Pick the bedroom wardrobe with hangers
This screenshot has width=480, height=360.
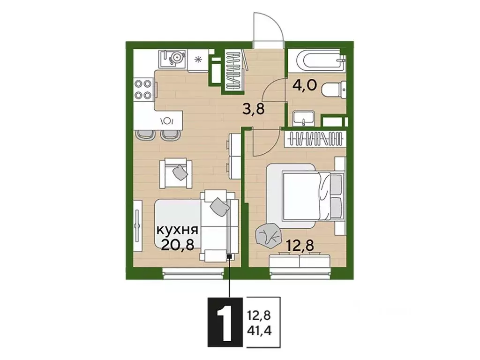click(315, 139)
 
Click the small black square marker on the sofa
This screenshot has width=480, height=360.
click(229, 256)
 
